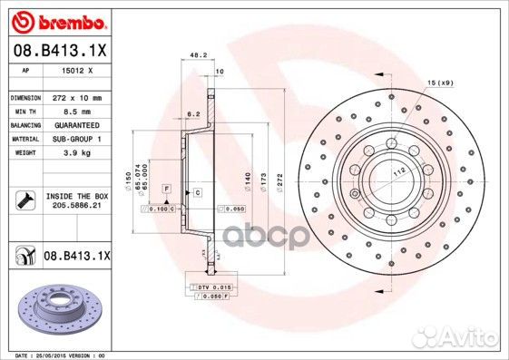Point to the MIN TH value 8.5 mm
(x=75, y=110)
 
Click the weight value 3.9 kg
(x=76, y=153)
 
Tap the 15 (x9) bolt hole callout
(x=439, y=83)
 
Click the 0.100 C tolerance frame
(x=158, y=209)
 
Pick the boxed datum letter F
(x=167, y=186)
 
